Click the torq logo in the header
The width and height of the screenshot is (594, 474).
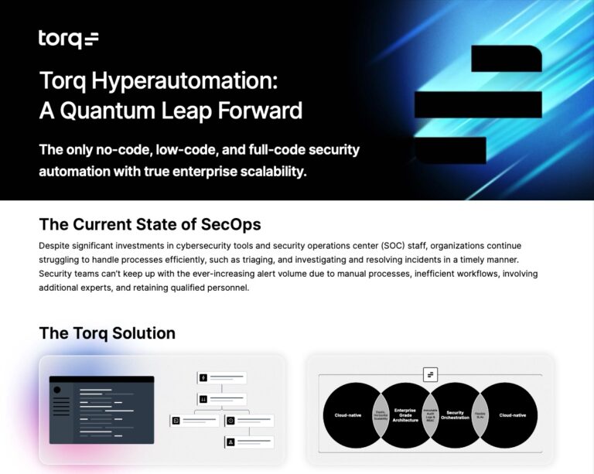pyautogui.click(x=68, y=39)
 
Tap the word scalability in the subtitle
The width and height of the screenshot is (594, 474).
pyautogui.click(x=267, y=171)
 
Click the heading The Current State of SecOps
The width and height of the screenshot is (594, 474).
pyautogui.click(x=149, y=224)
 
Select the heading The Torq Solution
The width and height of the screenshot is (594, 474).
pyautogui.click(x=107, y=333)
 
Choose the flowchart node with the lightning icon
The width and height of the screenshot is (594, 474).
pyautogui.click(x=222, y=378)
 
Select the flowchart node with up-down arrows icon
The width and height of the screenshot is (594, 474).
pyautogui.click(x=222, y=400)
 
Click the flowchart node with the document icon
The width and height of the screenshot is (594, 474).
pyautogui.click(x=194, y=421)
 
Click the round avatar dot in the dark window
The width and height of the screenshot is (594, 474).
pyautogui.click(x=56, y=390)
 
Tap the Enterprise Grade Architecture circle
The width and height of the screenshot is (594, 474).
pyautogui.click(x=406, y=415)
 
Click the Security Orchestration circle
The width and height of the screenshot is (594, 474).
pyautogui.click(x=454, y=415)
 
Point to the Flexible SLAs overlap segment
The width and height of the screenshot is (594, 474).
pyautogui.click(x=479, y=415)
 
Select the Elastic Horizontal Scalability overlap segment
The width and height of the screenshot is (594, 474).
pyautogui.click(x=380, y=415)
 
